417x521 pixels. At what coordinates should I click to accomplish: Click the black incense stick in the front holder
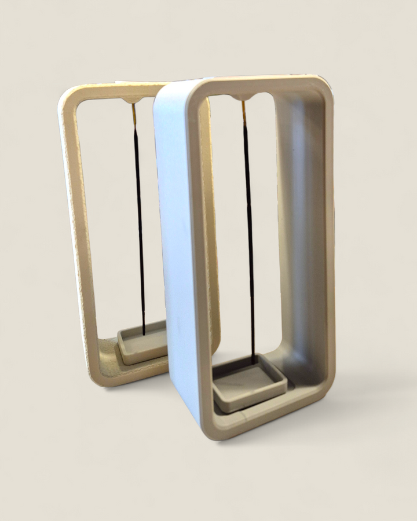[x=248, y=232]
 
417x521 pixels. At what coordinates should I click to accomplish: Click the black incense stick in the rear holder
[x=139, y=220]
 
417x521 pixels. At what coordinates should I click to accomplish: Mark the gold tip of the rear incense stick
[x=134, y=112]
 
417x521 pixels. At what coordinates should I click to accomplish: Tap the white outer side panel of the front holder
[x=174, y=243]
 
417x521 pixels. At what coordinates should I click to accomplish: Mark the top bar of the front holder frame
[x=261, y=85]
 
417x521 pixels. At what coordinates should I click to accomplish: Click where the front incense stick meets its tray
[x=253, y=362]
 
